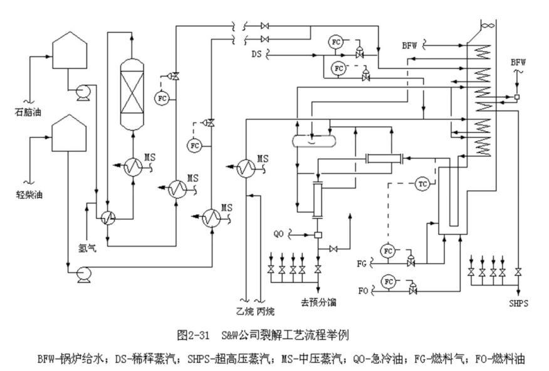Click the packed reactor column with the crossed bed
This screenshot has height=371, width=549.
click(132, 95)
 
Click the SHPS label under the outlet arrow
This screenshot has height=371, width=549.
click(518, 303)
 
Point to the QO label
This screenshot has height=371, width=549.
click(280, 234)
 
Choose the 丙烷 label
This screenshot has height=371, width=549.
click(266, 310)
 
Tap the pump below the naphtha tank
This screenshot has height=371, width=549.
click(82, 92)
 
